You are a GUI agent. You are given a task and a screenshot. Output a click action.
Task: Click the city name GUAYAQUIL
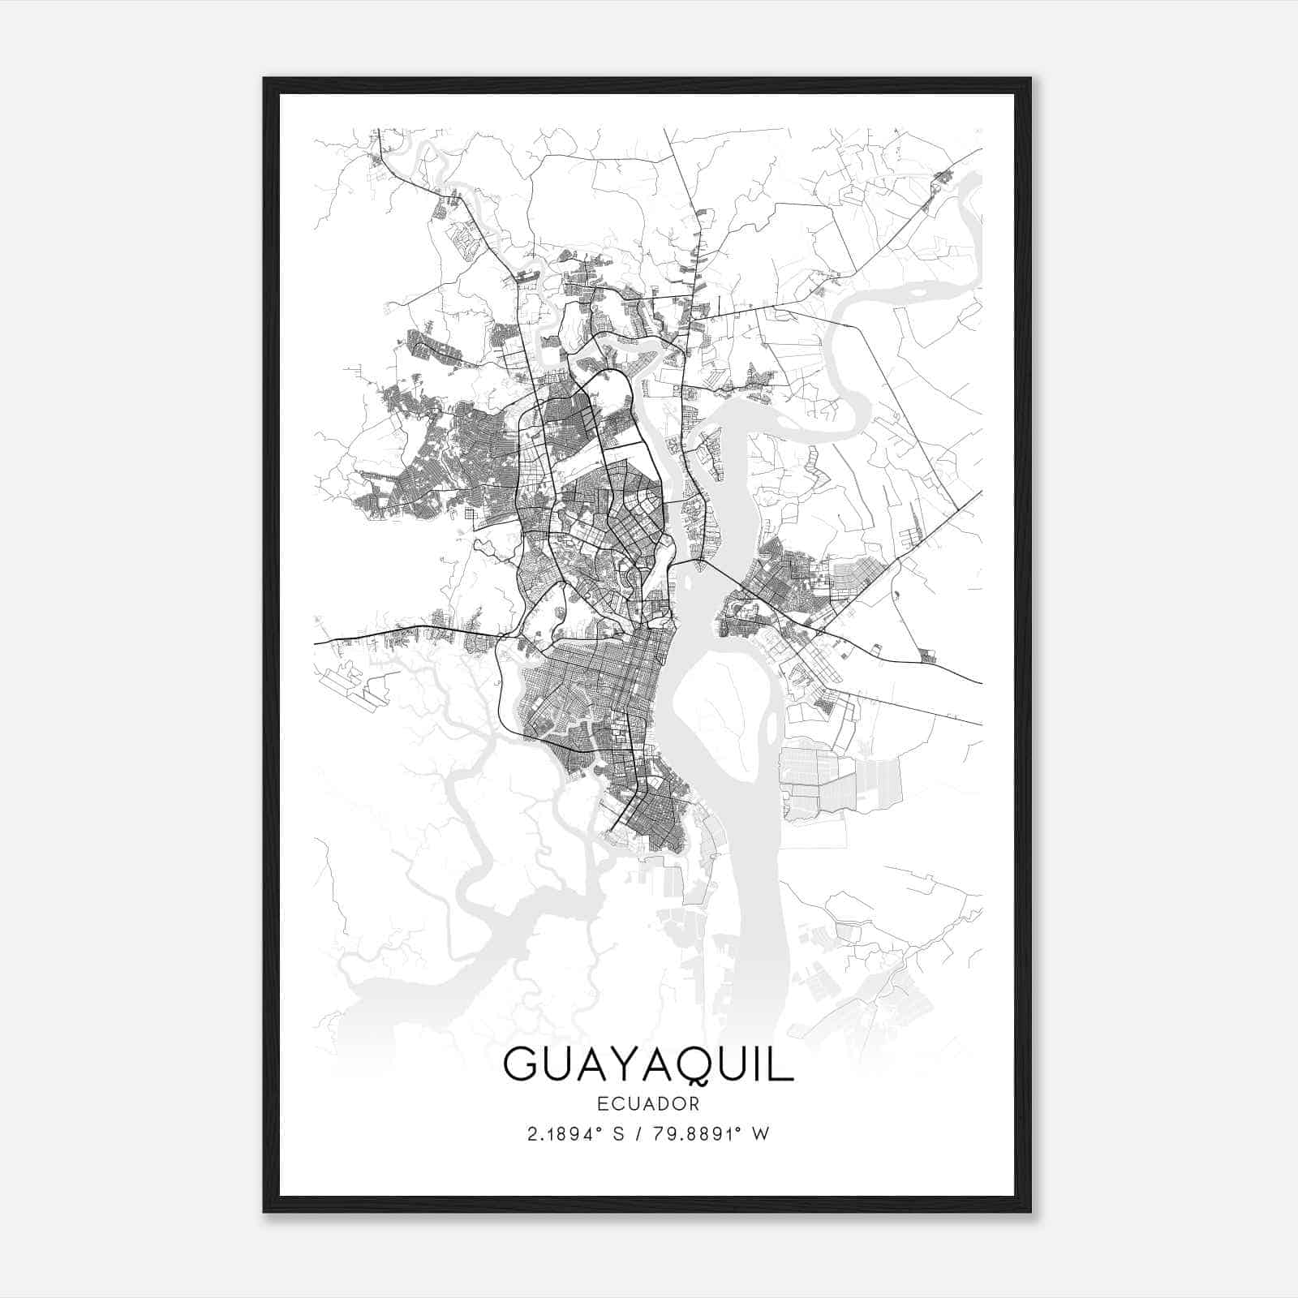[x=648, y=1064]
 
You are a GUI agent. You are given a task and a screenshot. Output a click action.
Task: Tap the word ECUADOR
[x=648, y=1103]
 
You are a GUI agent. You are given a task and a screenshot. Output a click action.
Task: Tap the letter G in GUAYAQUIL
[x=521, y=1064]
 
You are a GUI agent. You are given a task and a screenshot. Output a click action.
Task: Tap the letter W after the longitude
[x=760, y=1134]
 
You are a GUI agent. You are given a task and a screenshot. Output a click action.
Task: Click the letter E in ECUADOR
[x=601, y=1103]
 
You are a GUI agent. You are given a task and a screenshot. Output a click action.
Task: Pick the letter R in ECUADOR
[x=694, y=1103]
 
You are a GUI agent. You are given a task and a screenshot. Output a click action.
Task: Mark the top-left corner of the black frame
[x=265, y=80]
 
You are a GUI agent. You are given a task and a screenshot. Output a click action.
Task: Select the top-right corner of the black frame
[x=1029, y=80]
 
